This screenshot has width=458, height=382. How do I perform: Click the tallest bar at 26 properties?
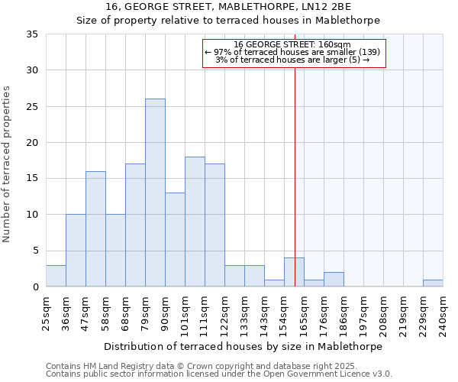(x=155, y=193)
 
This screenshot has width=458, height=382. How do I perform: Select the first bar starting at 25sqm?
(x=56, y=276)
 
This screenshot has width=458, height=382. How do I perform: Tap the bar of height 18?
(x=195, y=222)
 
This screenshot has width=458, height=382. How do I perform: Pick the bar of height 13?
(x=175, y=240)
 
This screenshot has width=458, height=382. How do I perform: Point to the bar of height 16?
(x=95, y=229)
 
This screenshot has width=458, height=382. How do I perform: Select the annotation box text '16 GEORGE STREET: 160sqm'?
(x=294, y=45)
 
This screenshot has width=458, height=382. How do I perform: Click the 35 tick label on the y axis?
(x=31, y=34)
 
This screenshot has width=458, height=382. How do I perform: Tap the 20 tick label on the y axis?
(x=31, y=143)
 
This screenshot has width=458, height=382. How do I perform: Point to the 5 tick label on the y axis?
(x=34, y=251)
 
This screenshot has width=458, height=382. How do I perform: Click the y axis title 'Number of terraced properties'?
(x=7, y=164)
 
